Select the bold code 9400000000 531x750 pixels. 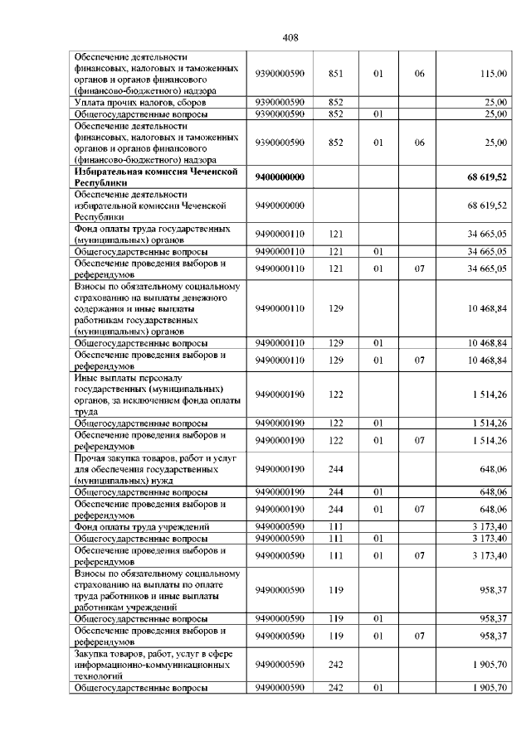280,177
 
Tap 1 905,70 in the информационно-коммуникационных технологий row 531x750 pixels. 490,665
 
